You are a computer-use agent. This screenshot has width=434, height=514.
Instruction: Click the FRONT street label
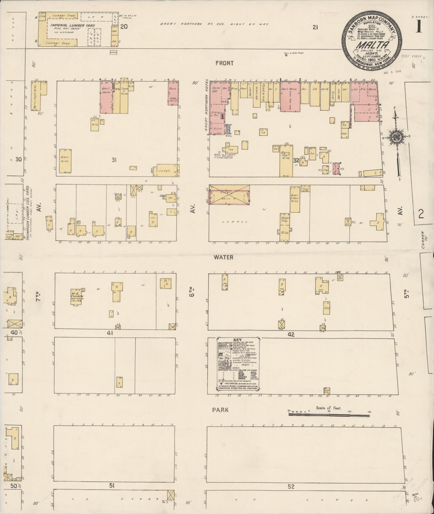click(x=224, y=63)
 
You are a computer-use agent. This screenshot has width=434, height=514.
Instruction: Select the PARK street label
click(x=220, y=410)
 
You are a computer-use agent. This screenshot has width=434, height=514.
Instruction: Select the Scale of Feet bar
click(x=329, y=415)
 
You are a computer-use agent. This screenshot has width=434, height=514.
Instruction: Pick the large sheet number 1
click(x=419, y=27)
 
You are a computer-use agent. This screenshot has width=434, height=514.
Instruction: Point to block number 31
click(x=114, y=160)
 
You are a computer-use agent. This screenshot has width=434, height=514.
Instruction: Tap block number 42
click(x=291, y=335)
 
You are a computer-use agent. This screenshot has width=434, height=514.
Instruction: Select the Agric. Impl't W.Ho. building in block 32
click(x=286, y=161)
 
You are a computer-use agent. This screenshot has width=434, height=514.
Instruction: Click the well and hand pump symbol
click(x=286, y=55)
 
